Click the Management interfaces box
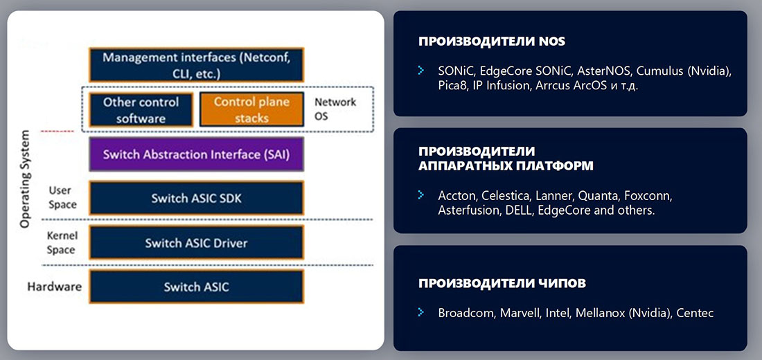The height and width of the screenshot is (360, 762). pos(196,64)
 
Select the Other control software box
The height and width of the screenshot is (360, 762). pos(141,109)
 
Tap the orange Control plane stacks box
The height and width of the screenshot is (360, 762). pos(251,109)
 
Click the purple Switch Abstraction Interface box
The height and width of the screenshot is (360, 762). pos(196,154)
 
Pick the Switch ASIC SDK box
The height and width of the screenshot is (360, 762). pos(196,199)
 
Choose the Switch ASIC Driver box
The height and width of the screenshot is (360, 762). pos(196,243)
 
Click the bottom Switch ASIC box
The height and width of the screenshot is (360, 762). pos(196,287)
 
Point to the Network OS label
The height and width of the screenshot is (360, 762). pos(335,109)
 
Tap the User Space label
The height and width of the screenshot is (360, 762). pos(61,197)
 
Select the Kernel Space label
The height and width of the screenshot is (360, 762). pos(61,243)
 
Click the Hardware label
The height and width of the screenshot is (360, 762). pos(54,287)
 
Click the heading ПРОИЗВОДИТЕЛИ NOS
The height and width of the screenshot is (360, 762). pos(492,42)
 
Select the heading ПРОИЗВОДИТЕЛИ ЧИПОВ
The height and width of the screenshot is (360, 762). pos(502,283)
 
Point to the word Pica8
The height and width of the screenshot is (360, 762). pos(453,87)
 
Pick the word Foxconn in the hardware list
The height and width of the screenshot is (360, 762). pos(650,195)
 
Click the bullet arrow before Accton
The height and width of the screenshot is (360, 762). pos(420,195)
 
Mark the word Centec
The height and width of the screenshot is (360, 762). pos(695,313)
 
